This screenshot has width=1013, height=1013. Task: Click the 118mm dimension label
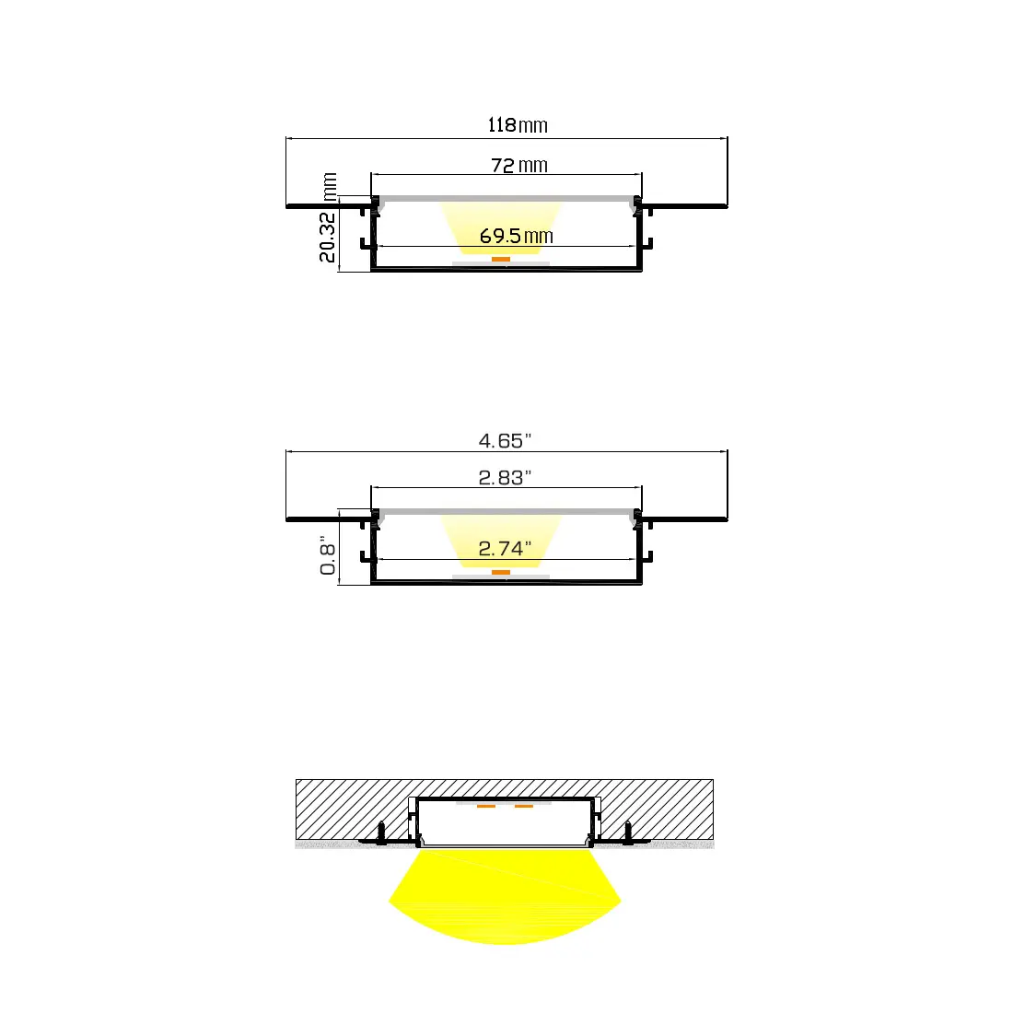point(518,125)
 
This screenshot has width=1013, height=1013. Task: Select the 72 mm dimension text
point(518,166)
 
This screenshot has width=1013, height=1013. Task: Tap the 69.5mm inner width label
point(516,237)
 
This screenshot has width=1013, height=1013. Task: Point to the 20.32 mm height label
point(329,218)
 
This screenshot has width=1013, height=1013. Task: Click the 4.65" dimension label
point(505,441)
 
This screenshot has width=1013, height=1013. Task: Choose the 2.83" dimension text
point(505,478)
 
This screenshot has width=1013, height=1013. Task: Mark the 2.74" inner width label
point(505,549)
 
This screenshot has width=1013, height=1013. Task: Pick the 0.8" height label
point(329,555)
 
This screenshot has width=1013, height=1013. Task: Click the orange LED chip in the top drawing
point(500,260)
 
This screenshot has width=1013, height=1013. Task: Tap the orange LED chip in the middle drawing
point(500,572)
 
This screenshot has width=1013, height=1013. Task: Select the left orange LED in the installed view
point(486,807)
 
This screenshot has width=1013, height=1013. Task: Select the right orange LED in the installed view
point(524,807)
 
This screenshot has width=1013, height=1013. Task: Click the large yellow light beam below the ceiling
point(505,898)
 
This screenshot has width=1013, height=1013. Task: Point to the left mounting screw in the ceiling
point(379,833)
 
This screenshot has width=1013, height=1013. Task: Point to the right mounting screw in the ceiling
point(628,833)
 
